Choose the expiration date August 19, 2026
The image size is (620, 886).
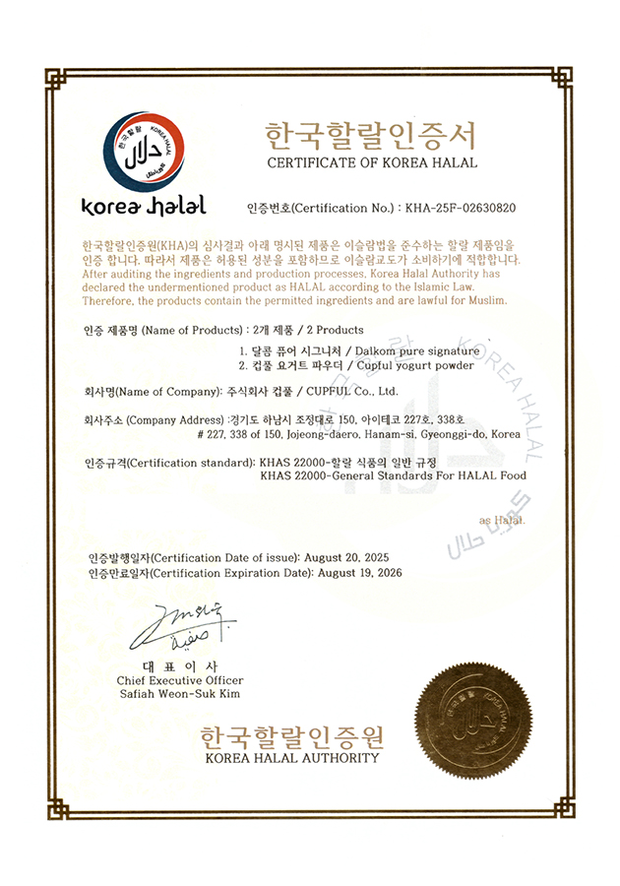point(347,573)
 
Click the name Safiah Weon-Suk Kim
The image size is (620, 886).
point(180,694)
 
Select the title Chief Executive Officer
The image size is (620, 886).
point(180,680)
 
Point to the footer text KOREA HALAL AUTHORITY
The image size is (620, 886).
point(291,758)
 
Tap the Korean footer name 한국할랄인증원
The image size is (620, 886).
point(291,737)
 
